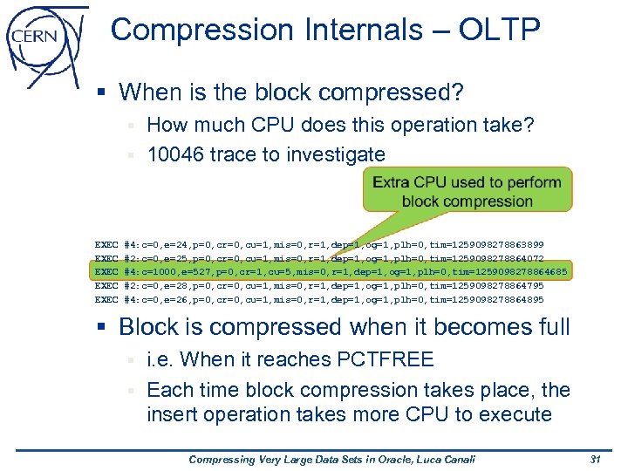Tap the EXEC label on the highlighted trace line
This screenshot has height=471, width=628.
pyautogui.click(x=106, y=272)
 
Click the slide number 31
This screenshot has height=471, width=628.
pyautogui.click(x=596, y=459)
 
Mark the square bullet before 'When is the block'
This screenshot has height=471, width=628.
pyautogui.click(x=104, y=92)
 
